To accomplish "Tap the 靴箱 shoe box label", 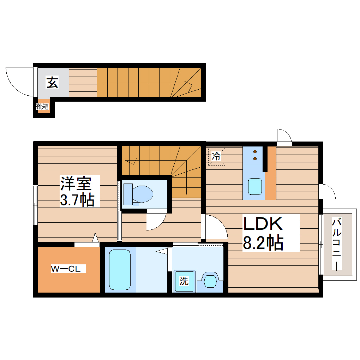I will (42, 106).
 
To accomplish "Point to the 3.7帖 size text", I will (77, 200).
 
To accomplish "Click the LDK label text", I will (263, 225).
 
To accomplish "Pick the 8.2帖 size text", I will (263, 242).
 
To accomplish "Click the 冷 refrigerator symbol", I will (216, 156).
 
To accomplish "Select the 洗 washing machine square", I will (184, 281).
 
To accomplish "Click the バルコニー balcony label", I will (337, 244).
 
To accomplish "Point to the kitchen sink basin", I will (255, 186).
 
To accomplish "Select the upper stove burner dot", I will (255, 151).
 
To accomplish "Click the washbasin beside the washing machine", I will (211, 281).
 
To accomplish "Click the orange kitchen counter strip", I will (271, 173).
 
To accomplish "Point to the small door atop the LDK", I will (283, 137).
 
